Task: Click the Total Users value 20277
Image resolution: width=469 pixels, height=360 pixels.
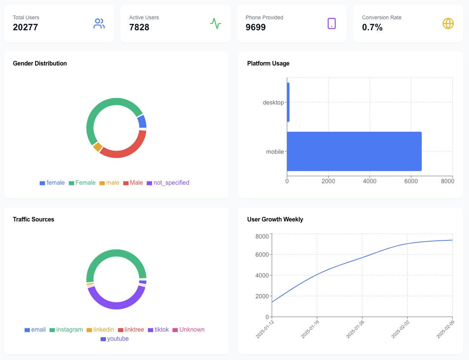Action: point(25,27)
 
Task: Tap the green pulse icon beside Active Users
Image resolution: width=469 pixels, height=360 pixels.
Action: point(216,23)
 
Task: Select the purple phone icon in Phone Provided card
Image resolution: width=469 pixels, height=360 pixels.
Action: point(332,23)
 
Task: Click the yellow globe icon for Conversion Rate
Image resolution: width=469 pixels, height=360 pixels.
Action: point(448,23)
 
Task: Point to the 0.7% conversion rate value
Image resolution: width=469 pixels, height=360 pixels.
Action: point(372,27)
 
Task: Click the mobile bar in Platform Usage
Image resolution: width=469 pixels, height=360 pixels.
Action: point(354,151)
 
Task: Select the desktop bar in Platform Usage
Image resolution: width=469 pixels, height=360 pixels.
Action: point(288,102)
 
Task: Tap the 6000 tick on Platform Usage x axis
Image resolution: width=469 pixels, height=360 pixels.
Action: point(411,181)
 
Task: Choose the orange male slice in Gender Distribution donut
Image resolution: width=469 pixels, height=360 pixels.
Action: point(98,147)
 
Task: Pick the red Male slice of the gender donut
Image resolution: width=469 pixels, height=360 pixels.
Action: point(125,150)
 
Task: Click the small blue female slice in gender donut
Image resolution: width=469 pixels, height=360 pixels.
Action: point(142,122)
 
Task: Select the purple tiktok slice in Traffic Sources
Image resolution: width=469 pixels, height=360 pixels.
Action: point(116,303)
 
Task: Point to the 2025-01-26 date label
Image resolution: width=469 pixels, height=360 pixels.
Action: point(355,329)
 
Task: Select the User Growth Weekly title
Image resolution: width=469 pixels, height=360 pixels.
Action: point(275,219)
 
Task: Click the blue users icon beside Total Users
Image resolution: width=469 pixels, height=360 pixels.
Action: point(99,23)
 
